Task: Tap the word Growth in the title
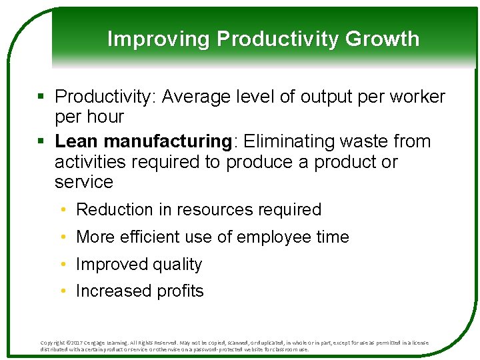(382, 39)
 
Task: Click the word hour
(106, 117)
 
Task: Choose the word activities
(91, 162)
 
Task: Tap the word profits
(180, 291)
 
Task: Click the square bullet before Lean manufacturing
(42, 142)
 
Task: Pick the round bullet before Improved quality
(62, 265)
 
